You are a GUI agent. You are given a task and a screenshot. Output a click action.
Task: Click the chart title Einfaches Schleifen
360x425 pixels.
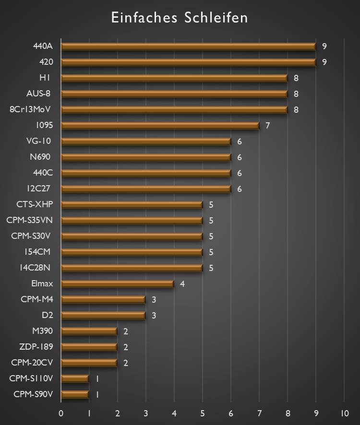(180, 18)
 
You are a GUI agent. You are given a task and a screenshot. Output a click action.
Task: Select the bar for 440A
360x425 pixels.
(188, 47)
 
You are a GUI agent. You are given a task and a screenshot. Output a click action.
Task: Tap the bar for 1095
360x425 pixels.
(160, 126)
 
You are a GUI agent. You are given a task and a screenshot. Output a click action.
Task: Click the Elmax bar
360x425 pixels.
(118, 284)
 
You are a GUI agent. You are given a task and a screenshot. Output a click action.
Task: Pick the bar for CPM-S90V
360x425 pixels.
(75, 395)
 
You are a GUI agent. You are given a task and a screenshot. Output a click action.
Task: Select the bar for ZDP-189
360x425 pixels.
(89, 347)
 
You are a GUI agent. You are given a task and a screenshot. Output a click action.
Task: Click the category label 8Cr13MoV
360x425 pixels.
(30, 109)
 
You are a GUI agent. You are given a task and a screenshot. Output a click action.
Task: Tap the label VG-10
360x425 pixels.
(39, 141)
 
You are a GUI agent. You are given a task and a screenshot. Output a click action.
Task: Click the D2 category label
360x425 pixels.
(48, 315)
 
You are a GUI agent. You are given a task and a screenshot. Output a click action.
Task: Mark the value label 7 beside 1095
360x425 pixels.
(267, 126)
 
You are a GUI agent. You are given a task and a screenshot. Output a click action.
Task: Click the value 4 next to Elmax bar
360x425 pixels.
(182, 284)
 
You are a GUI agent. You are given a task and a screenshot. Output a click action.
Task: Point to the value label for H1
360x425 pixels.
(296, 78)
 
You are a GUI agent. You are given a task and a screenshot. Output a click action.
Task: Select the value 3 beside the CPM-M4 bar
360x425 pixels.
(154, 300)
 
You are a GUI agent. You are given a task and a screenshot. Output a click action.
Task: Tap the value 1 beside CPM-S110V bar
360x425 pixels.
(97, 379)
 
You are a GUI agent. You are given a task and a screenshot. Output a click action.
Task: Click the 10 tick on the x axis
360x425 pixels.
(344, 413)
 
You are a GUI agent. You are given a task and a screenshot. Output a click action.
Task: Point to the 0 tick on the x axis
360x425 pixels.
(61, 413)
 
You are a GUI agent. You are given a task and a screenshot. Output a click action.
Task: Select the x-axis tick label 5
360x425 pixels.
(203, 413)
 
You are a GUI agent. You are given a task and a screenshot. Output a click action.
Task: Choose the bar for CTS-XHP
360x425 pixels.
(132, 205)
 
